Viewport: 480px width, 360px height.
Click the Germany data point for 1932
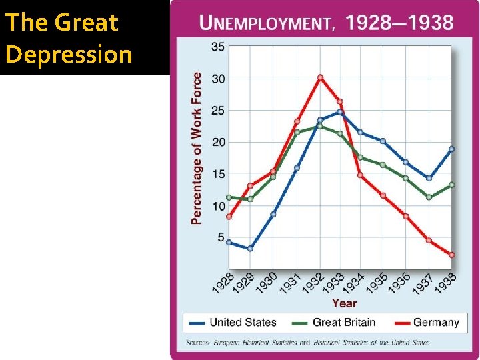(x=320, y=77)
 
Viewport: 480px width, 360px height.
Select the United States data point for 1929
(x=250, y=249)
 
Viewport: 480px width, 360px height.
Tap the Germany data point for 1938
(x=451, y=255)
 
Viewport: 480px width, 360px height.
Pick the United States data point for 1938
(x=451, y=149)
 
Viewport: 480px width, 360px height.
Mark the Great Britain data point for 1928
(x=229, y=197)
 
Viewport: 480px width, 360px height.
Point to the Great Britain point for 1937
(x=429, y=197)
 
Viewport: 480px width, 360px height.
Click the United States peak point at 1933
(x=340, y=112)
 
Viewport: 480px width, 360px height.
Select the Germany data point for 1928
(x=229, y=217)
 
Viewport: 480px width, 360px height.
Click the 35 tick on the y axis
(x=217, y=47)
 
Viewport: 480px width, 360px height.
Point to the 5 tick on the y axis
(x=220, y=237)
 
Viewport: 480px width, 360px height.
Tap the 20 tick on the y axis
(x=217, y=142)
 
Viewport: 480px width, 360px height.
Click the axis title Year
(x=344, y=303)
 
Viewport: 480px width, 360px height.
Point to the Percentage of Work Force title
(x=197, y=148)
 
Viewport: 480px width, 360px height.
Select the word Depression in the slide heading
(x=69, y=54)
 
